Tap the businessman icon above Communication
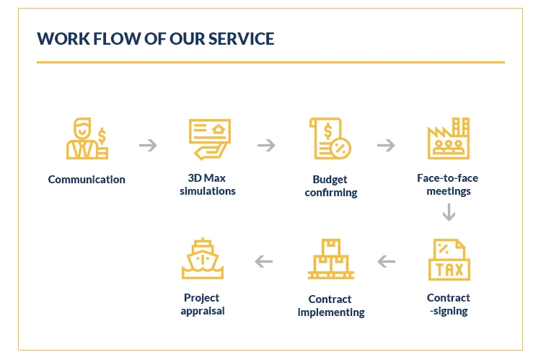pos(86,141)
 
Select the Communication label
pos(87,180)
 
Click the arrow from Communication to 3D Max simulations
pos(148,146)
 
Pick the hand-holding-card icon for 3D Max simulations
pos(208,141)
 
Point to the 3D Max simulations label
pos(208,185)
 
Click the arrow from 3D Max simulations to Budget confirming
pos(267,146)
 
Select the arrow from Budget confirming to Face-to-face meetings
pos(387,146)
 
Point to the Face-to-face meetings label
pos(449,185)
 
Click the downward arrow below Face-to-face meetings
pos(449,213)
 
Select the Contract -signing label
pos(449,304)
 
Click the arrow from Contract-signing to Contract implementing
pos(387,261)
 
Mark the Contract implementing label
pos(331,306)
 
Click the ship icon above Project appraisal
pos(203,260)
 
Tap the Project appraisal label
pos(203,304)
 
